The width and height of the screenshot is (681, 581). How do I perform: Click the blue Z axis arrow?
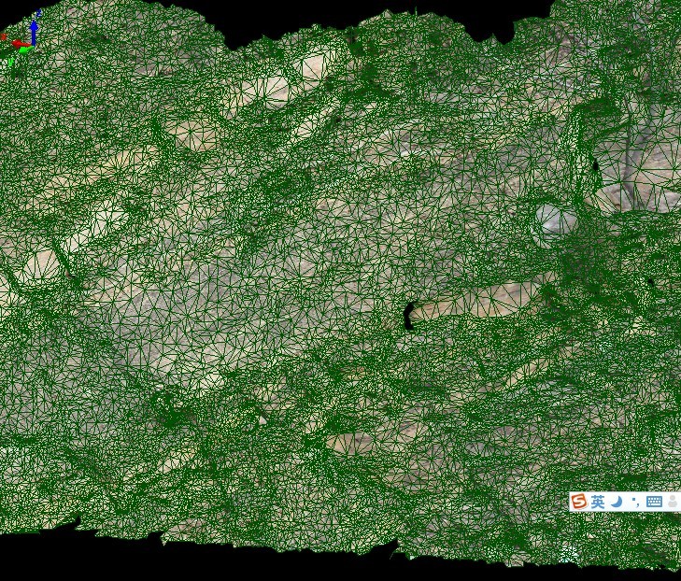click(34, 32)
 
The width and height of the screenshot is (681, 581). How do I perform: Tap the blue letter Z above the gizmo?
click(38, 13)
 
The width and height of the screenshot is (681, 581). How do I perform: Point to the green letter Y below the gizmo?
click(10, 62)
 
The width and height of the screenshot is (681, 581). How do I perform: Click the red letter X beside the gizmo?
click(4, 39)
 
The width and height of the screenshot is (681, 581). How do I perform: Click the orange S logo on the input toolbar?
click(579, 502)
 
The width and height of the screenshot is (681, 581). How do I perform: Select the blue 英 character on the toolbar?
click(598, 502)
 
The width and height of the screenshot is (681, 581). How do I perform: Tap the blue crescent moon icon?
click(617, 502)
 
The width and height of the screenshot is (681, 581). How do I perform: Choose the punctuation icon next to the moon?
click(635, 502)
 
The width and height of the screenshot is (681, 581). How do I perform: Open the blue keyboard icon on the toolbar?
click(654, 502)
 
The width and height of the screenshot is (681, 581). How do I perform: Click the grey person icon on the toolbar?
click(672, 502)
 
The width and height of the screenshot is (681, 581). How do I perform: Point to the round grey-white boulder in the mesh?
click(557, 221)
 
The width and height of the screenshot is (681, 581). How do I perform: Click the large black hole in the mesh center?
click(408, 316)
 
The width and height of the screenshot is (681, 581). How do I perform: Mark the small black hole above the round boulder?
click(595, 166)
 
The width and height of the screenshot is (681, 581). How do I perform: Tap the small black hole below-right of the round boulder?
click(651, 281)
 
